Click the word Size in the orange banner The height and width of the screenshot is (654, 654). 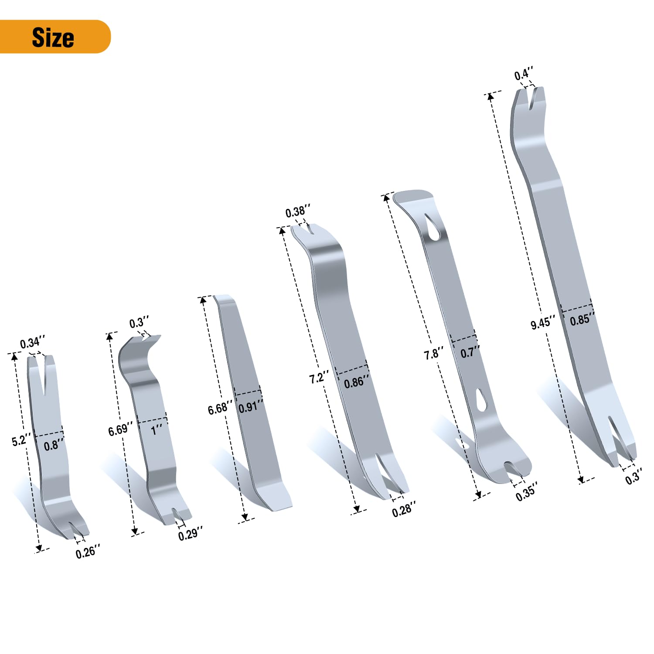pyautogui.click(x=53, y=37)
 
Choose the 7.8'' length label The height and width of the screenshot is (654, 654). pyautogui.click(x=434, y=354)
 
